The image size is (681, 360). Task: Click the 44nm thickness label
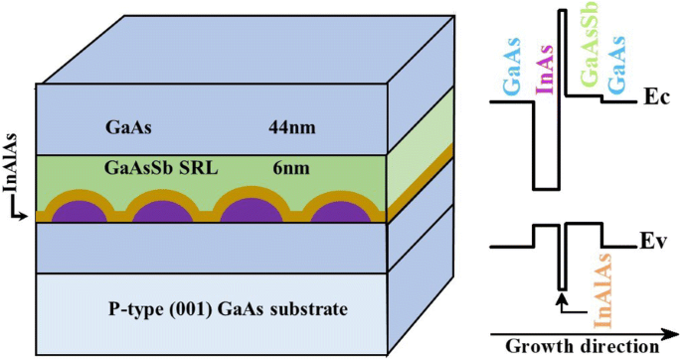click(289, 127)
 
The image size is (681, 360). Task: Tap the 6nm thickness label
click(288, 168)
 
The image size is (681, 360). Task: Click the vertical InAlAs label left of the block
click(13, 179)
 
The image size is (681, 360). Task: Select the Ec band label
click(655, 99)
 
